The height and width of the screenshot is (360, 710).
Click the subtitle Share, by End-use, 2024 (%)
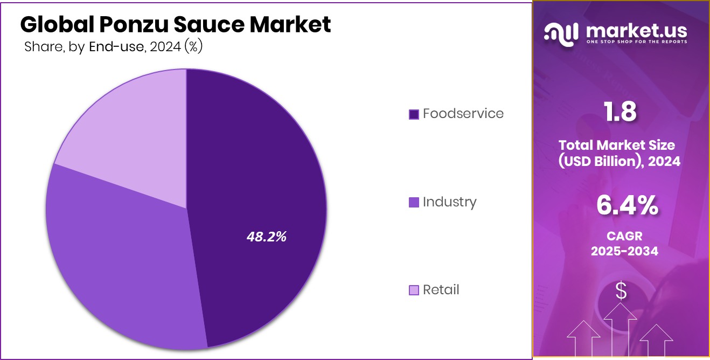[x=113, y=47]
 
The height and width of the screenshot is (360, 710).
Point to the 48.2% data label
[x=266, y=236]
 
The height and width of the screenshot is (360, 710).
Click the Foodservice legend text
[x=463, y=114]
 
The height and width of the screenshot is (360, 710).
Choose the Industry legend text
[x=449, y=202]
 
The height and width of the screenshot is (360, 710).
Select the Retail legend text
[x=441, y=290]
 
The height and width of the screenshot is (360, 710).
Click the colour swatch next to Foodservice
[x=414, y=114]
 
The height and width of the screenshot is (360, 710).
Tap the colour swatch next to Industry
[x=414, y=203]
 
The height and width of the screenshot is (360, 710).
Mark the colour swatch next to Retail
[x=414, y=290]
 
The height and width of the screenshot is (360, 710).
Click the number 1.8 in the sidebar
[x=620, y=112]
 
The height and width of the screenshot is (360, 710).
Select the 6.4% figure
[x=627, y=205]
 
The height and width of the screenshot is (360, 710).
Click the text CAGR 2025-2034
[x=624, y=244]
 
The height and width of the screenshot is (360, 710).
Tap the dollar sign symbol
[x=621, y=291]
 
